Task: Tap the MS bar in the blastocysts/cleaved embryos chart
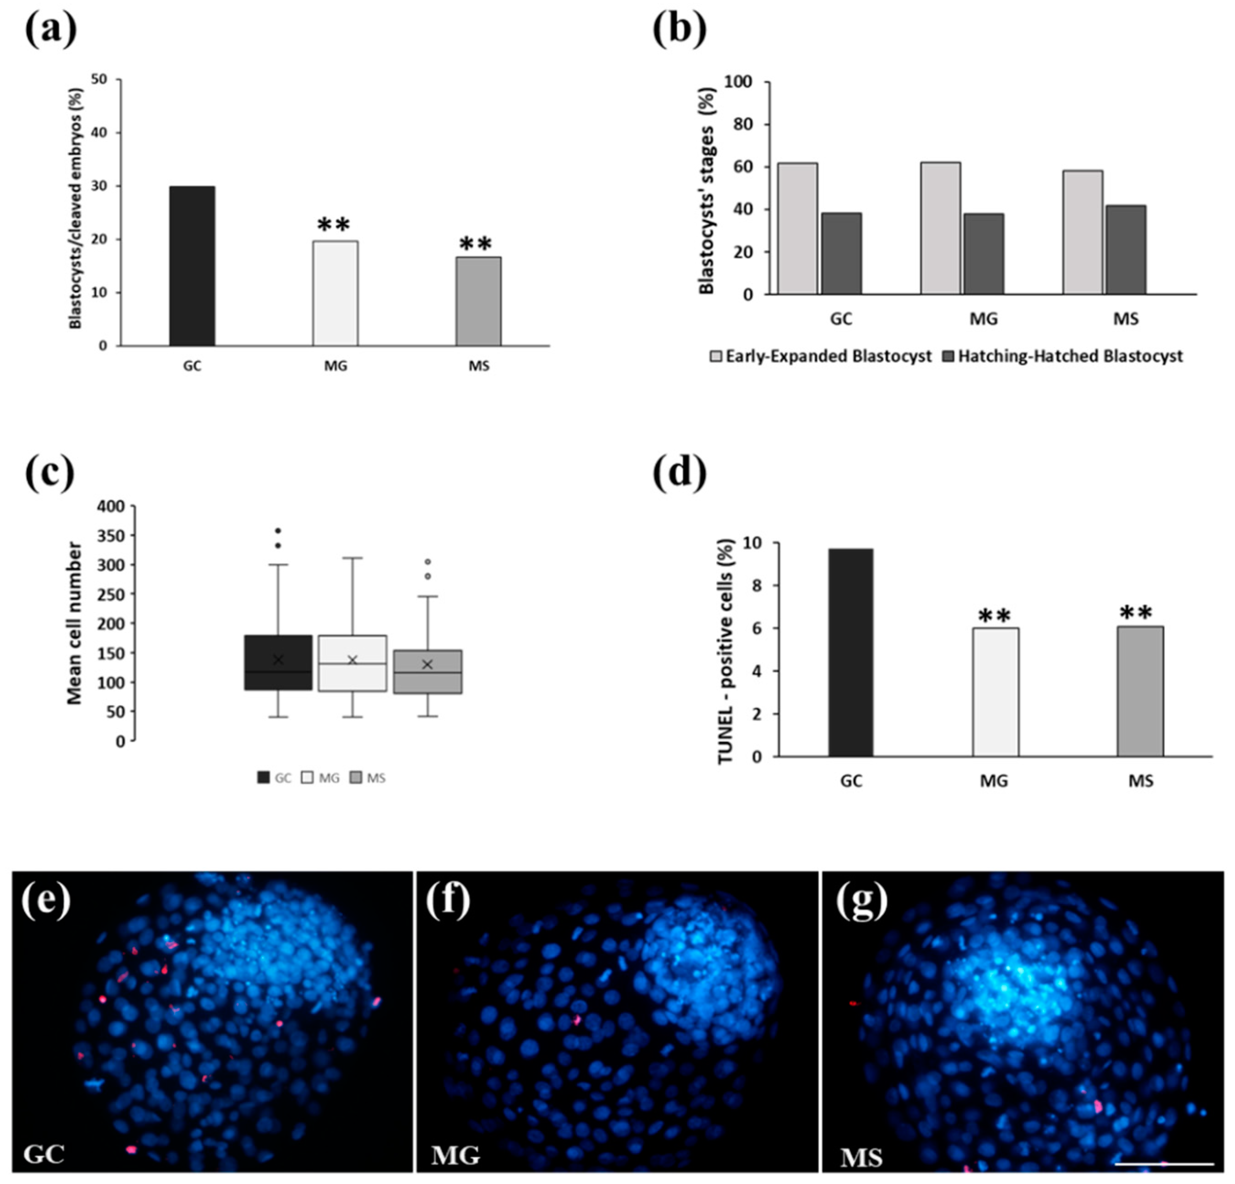478,301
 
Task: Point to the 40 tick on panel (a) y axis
102,132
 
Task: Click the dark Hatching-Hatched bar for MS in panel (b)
1125,250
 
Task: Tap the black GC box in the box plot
278,662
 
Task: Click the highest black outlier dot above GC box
278,531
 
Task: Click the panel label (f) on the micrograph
449,901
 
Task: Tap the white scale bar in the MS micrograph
1164,1164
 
